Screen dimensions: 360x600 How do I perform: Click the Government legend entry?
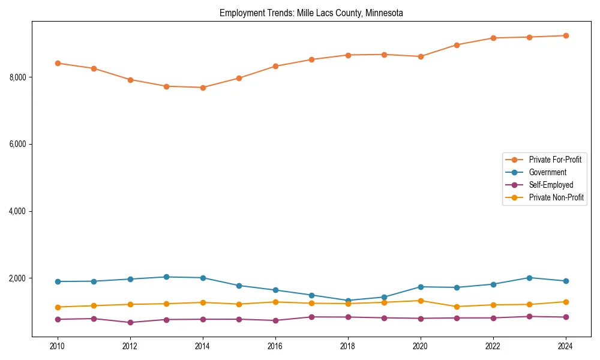pyautogui.click(x=547, y=172)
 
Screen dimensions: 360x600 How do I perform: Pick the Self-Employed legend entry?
pyautogui.click(x=551, y=185)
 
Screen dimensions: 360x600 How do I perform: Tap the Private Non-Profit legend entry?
pyautogui.click(x=556, y=197)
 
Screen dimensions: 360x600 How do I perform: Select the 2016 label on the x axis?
pyautogui.click(x=275, y=346)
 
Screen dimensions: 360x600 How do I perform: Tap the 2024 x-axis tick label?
pyautogui.click(x=565, y=346)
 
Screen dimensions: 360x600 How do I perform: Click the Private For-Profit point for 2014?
pyautogui.click(x=203, y=88)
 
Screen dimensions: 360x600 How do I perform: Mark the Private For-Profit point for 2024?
pyautogui.click(x=565, y=35)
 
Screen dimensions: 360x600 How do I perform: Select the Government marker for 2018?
pyautogui.click(x=348, y=301)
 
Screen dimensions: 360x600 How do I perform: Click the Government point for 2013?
pyautogui.click(x=166, y=277)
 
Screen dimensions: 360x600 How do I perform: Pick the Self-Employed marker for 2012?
pyautogui.click(x=130, y=323)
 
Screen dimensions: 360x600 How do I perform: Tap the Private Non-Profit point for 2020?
pyautogui.click(x=421, y=301)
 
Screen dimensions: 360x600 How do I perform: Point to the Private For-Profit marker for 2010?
pyautogui.click(x=58, y=63)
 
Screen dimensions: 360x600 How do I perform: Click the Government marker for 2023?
pyautogui.click(x=529, y=278)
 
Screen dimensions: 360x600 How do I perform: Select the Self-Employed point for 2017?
pyautogui.click(x=311, y=317)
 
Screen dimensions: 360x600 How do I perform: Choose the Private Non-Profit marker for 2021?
pyautogui.click(x=457, y=307)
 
